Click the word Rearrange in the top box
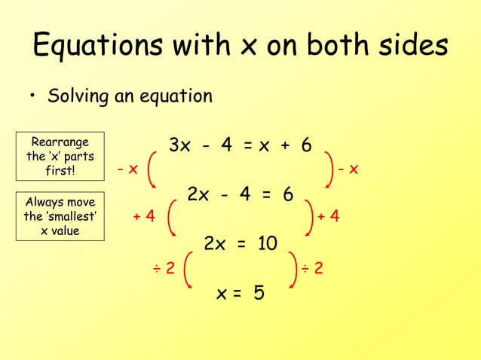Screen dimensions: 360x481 pyautogui.click(x=60, y=142)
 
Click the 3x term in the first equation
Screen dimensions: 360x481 pyautogui.click(x=180, y=145)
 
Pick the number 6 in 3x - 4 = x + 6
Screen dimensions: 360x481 pyautogui.click(x=305, y=145)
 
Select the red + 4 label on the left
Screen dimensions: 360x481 pyautogui.click(x=144, y=217)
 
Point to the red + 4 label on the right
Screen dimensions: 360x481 pyautogui.click(x=328, y=217)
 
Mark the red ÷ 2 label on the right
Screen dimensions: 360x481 pyautogui.click(x=312, y=267)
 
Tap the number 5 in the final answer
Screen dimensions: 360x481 pyautogui.click(x=259, y=293)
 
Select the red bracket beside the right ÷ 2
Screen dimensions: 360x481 pyautogui.click(x=293, y=267)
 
